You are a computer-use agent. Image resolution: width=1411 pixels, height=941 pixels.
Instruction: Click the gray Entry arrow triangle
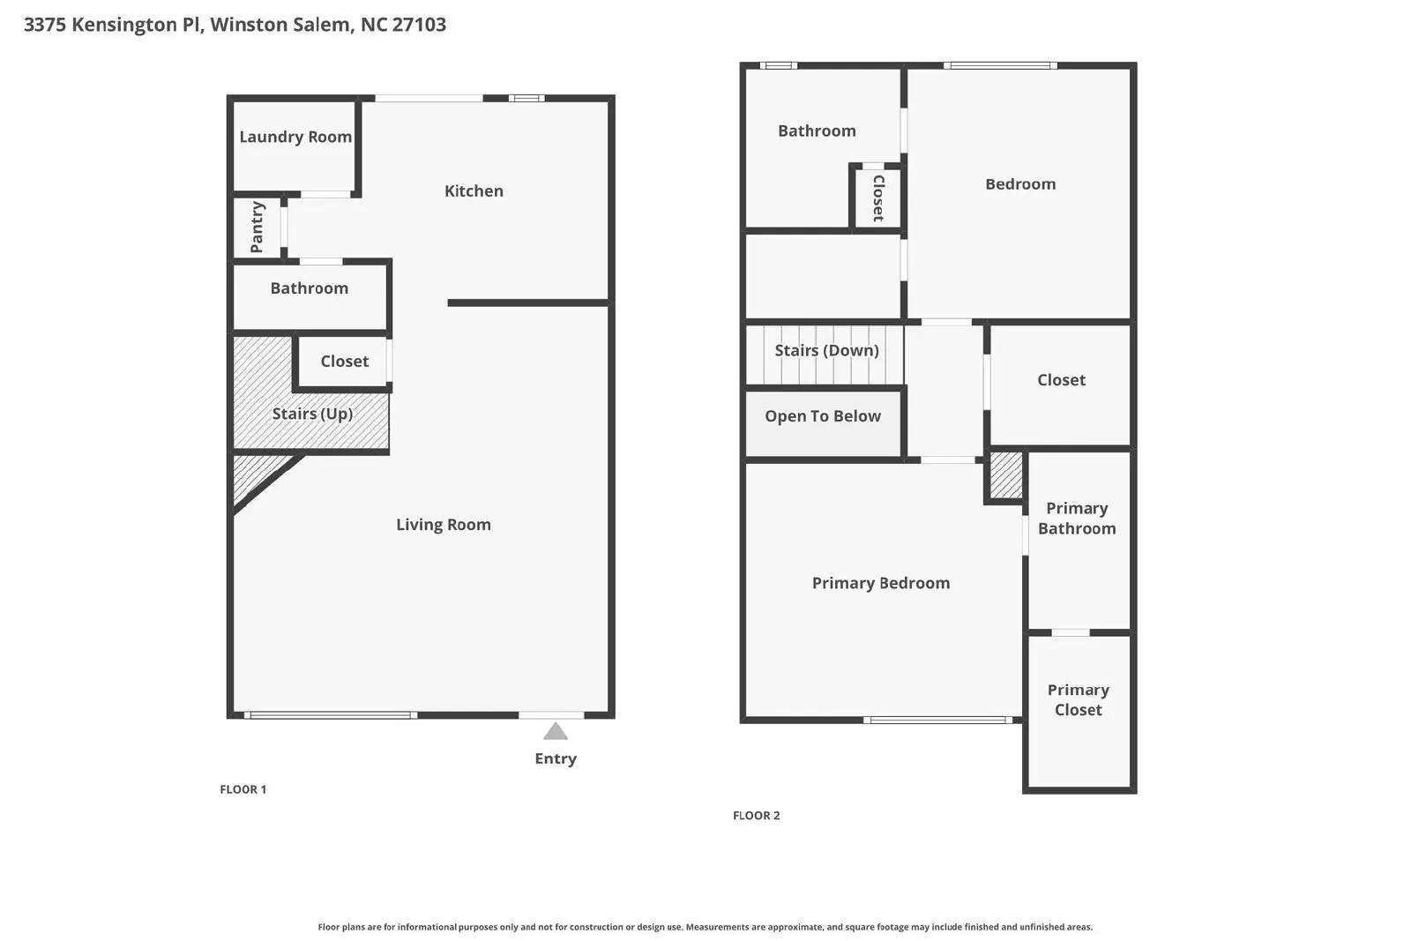[555, 731]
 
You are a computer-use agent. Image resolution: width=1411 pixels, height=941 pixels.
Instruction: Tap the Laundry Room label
[295, 137]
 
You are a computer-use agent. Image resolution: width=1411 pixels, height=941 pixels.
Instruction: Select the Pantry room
[257, 227]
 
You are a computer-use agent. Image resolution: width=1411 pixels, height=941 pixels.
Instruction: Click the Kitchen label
[474, 190]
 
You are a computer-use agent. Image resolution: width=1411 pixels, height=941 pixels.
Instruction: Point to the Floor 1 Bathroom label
[309, 288]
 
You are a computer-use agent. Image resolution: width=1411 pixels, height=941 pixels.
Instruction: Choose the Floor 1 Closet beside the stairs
[344, 361]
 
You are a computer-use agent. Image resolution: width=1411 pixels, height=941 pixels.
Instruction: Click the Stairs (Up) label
[312, 414]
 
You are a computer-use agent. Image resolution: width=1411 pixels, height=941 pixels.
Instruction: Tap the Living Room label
[443, 525]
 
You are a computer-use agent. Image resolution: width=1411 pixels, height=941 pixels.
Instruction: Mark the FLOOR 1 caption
[243, 789]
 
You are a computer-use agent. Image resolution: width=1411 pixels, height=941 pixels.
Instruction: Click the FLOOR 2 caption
[756, 816]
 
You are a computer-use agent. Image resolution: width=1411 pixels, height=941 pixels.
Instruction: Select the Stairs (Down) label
[826, 350]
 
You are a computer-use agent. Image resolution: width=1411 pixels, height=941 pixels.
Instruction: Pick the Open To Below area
[822, 416]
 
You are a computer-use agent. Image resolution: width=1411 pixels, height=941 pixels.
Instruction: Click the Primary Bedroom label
[880, 583]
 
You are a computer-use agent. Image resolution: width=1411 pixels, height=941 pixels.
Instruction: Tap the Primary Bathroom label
[1077, 519]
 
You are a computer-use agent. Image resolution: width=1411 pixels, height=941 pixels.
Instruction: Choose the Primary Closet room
[1078, 700]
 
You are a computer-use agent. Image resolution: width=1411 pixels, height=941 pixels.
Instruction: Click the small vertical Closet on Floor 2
[877, 198]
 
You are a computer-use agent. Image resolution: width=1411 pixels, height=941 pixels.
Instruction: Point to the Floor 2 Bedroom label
[1019, 184]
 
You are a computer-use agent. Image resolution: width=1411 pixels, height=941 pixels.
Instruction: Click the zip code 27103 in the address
[419, 25]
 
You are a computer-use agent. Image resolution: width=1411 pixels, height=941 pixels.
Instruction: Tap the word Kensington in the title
[124, 25]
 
